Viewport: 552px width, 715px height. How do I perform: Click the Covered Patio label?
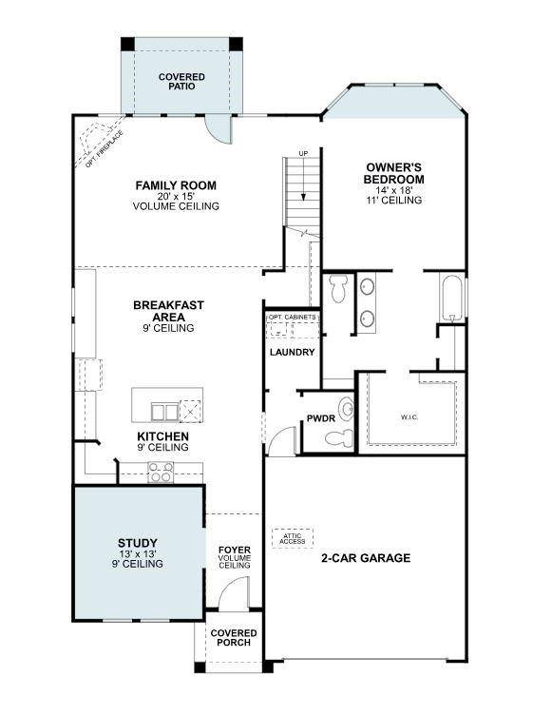(181, 82)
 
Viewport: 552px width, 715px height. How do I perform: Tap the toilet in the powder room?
(340, 437)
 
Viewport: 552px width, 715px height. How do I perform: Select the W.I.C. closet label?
(409, 416)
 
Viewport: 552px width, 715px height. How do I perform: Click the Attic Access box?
(293, 538)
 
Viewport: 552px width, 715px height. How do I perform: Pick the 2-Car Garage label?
(366, 558)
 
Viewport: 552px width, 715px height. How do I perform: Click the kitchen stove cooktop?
(161, 472)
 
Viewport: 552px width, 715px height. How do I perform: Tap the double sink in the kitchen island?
(165, 412)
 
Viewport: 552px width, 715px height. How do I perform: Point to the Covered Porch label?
(234, 637)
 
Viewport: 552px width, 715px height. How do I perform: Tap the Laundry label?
(292, 352)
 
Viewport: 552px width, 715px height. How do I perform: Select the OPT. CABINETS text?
(292, 317)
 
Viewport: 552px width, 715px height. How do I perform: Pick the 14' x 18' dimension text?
(394, 190)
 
